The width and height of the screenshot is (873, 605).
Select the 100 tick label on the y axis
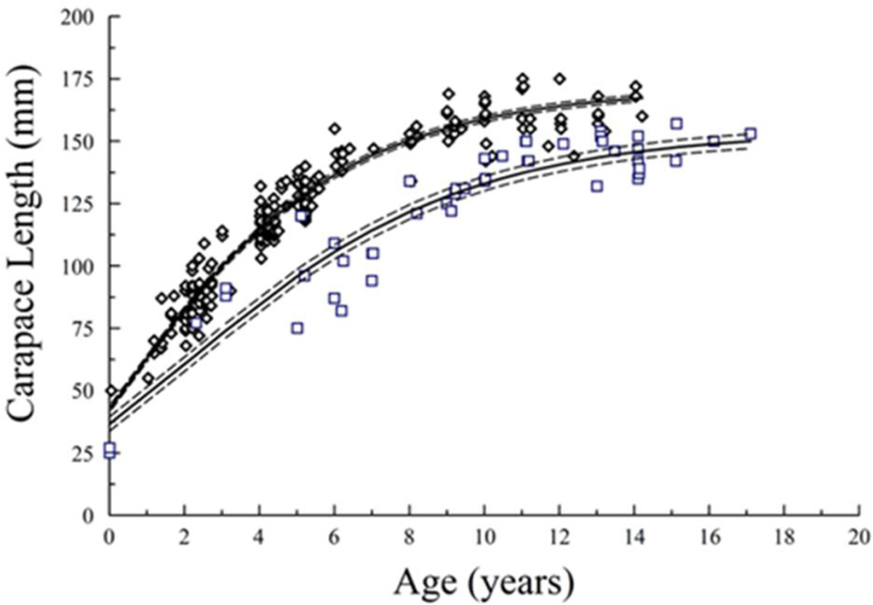click(x=82, y=266)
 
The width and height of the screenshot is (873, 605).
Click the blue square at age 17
click(x=750, y=134)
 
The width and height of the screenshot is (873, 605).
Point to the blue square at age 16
click(x=714, y=141)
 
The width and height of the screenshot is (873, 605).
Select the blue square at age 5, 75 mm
click(x=297, y=328)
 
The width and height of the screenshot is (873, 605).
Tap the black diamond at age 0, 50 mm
click(x=111, y=391)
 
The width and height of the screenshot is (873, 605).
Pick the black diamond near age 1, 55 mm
click(x=148, y=379)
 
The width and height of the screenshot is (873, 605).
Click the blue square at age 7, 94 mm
click(x=372, y=280)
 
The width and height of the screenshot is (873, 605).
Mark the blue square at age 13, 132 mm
click(x=597, y=186)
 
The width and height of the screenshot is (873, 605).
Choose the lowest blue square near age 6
click(x=341, y=310)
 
